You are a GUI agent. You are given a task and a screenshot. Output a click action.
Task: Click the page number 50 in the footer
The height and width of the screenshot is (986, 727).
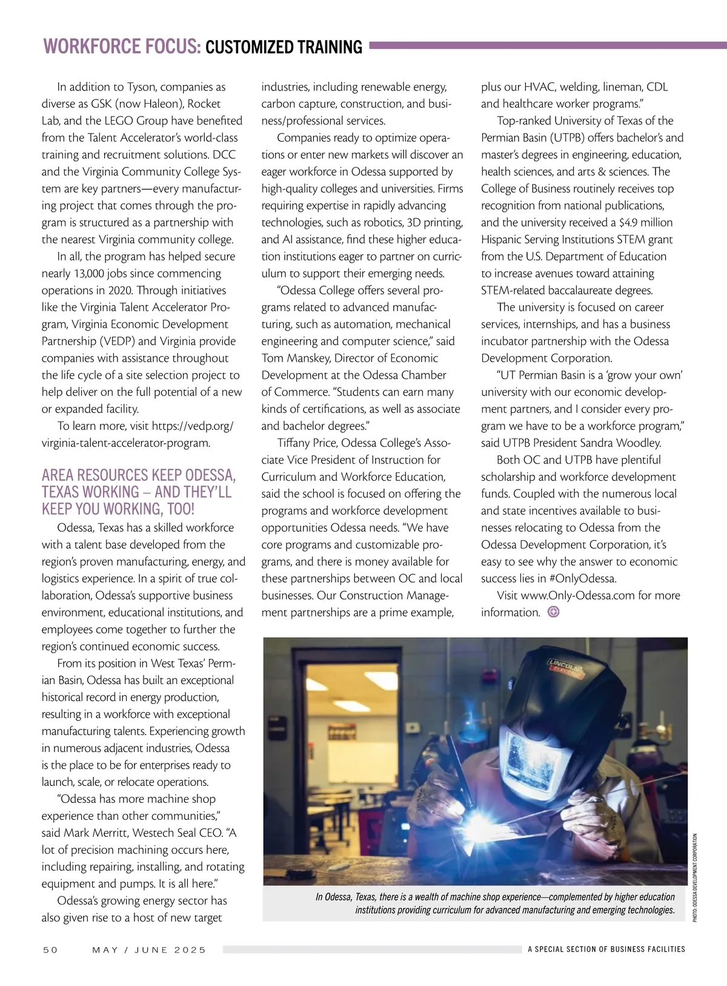pos(50,950)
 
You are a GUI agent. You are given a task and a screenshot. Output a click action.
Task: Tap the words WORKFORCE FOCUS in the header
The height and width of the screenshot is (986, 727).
pos(121,47)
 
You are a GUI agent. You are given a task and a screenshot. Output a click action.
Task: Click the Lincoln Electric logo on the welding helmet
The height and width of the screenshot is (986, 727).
pos(565,668)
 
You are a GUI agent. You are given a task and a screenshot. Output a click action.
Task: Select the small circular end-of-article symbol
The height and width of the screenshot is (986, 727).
pos(553,612)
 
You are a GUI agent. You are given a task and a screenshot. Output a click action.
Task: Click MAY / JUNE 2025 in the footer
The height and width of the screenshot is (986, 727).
pos(149,950)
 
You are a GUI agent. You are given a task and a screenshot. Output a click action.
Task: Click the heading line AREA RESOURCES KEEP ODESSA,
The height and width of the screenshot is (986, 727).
pos(139,475)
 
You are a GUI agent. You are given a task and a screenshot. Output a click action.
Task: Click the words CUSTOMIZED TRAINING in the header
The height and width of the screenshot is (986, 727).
pos(284,47)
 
